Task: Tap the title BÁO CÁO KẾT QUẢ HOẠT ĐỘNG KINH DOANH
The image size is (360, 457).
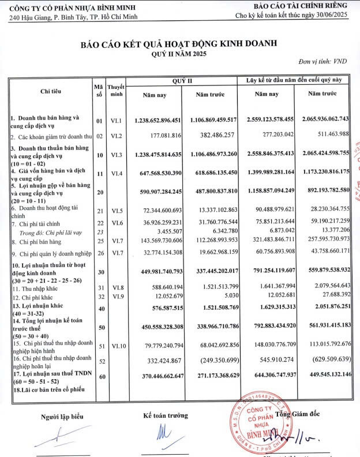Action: click(179, 43)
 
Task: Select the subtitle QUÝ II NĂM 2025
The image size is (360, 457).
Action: click(179, 53)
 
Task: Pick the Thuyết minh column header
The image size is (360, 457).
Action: click(117, 90)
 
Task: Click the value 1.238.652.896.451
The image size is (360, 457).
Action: click(157, 120)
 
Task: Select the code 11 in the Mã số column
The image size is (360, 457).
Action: click(99, 173)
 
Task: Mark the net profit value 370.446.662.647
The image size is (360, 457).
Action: click(157, 376)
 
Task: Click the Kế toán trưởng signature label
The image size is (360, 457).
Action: click(166, 415)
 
